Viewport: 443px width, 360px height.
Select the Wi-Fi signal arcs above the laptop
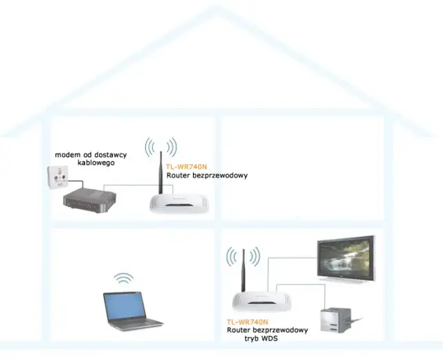point(124,279)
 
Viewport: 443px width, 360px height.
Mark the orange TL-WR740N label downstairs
point(247,322)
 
